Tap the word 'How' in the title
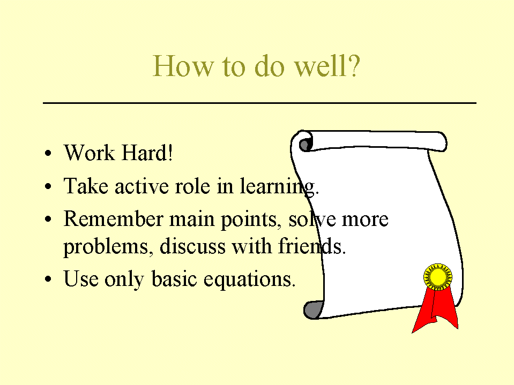pos(183,66)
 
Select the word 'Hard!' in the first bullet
pos(147,153)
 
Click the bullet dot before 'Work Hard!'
pos(48,153)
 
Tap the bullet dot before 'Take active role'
pos(48,186)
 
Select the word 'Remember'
pos(113,218)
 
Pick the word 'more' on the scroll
pos(365,220)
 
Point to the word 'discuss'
pos(192,246)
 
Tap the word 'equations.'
pos(249,280)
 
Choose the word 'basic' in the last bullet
pos(174,279)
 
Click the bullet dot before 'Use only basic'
pos(48,279)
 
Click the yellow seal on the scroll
pos(437,277)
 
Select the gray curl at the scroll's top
pos(305,145)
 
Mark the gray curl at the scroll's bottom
pos(312,310)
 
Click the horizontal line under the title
pos(259,103)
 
